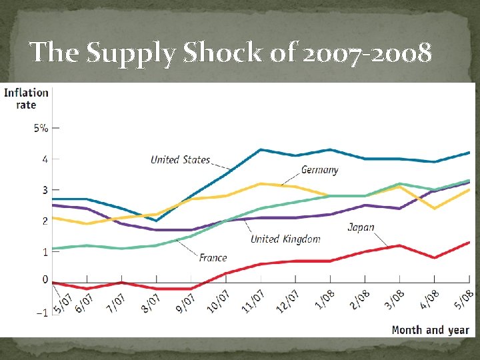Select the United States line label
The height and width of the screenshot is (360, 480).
tap(180, 159)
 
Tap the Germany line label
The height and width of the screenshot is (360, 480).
tap(319, 169)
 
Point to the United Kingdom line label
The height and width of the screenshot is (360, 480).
tap(285, 239)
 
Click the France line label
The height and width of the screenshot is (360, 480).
tap(213, 257)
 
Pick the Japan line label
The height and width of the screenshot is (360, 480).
tap(361, 227)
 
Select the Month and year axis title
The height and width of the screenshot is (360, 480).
tap(430, 329)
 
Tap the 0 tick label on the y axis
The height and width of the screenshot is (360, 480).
tap(45, 280)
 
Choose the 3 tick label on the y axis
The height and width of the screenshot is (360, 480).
tap(45, 190)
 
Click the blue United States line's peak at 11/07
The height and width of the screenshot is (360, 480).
tap(260, 149)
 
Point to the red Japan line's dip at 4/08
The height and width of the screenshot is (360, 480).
tap(434, 257)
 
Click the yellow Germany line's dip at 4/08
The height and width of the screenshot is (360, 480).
tap(434, 208)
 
